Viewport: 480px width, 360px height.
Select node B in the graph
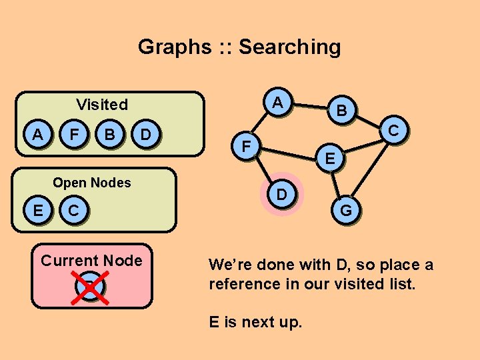(x=341, y=111)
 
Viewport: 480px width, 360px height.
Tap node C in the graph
(x=394, y=130)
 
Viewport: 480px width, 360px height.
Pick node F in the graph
(x=247, y=145)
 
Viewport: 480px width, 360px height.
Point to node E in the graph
(x=330, y=159)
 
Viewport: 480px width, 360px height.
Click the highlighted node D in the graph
(x=282, y=195)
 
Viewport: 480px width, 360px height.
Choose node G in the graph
(x=347, y=210)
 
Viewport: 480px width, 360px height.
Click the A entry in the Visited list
(x=38, y=135)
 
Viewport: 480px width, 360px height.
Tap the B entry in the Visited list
(x=111, y=135)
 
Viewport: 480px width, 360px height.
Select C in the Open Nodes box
(x=75, y=210)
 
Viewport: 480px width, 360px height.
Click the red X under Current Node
(x=91, y=287)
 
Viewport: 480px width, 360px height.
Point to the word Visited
(x=102, y=105)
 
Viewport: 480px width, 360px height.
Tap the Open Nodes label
(x=92, y=183)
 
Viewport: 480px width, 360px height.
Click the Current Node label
(x=91, y=261)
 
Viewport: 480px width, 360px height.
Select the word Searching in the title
(x=289, y=47)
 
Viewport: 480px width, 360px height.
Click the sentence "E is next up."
(x=255, y=323)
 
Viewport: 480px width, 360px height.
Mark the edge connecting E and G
(x=338, y=184)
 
